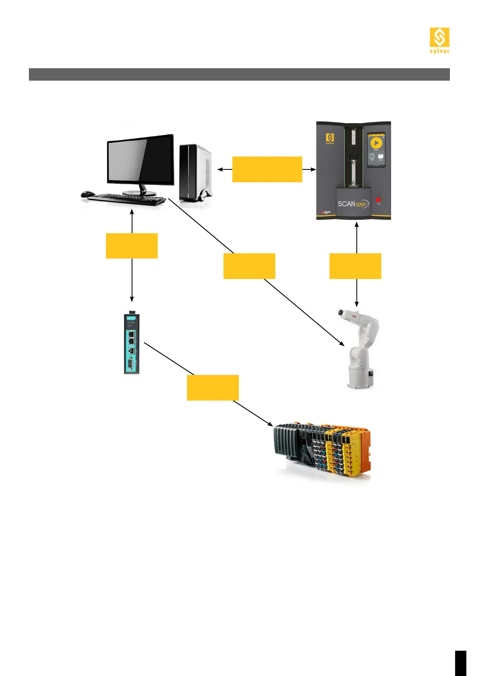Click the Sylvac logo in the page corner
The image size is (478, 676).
439,40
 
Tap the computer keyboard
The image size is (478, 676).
127,199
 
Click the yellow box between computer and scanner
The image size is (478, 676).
267,169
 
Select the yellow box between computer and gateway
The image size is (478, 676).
132,246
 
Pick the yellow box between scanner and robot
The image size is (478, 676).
355,266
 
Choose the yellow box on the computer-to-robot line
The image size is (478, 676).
249,266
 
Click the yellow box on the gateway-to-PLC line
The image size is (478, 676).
213,388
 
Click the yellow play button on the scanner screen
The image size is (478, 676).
376,143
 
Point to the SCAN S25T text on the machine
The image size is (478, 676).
352,204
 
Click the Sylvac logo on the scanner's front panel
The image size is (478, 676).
330,138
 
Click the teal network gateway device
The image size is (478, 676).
131,344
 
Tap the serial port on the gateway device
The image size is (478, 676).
131,365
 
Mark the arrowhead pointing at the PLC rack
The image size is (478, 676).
271,425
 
